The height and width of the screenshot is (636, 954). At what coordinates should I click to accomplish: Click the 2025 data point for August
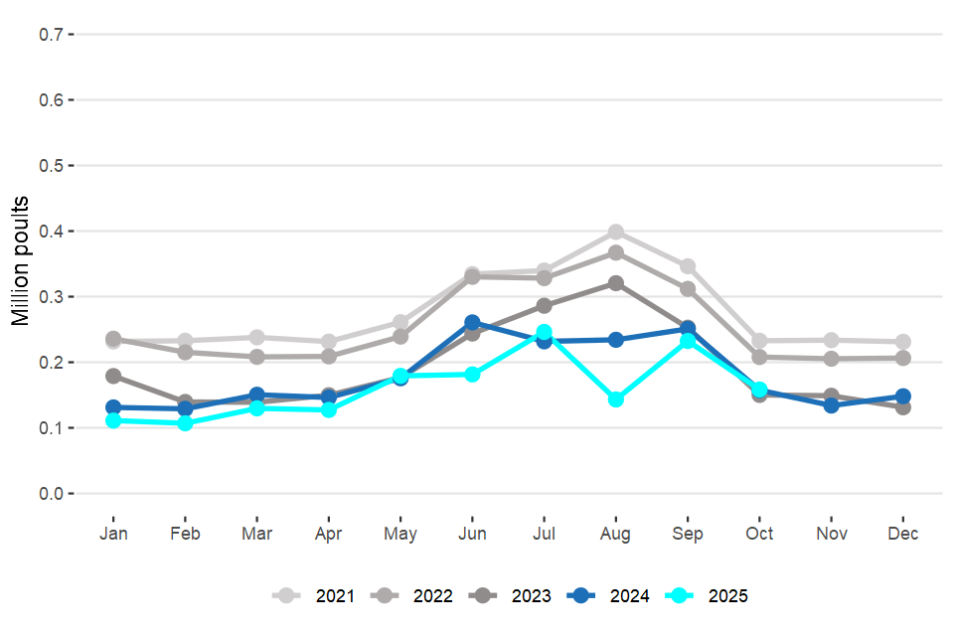click(x=616, y=399)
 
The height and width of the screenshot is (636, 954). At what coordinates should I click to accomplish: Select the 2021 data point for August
click(x=616, y=233)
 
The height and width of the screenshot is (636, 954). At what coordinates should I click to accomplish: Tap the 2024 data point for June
click(x=472, y=323)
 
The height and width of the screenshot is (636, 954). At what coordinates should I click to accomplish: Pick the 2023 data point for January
click(x=113, y=377)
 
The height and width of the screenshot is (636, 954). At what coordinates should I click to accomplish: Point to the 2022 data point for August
click(x=616, y=253)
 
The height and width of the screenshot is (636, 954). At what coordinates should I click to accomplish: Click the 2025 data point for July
click(x=544, y=332)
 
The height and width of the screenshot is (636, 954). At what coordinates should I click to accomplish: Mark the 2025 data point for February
click(x=185, y=423)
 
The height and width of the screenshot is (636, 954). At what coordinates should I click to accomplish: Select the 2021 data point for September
click(x=688, y=266)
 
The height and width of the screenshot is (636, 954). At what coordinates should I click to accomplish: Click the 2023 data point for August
click(x=616, y=283)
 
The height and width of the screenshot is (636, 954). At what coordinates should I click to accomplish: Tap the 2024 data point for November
click(x=832, y=405)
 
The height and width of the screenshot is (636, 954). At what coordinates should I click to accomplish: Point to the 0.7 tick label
click(x=51, y=34)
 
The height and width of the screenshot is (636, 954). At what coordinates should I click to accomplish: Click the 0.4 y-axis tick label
click(x=51, y=231)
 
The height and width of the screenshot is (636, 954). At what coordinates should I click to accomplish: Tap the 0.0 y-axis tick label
click(x=51, y=493)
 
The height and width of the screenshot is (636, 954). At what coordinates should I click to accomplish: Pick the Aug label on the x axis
click(x=616, y=534)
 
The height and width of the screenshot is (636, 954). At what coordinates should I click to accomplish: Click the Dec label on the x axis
click(x=903, y=534)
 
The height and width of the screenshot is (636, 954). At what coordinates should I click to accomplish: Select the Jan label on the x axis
click(x=113, y=534)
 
